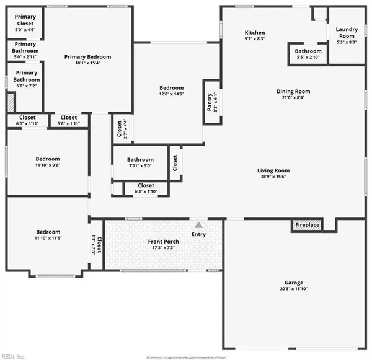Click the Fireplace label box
tap(307, 225)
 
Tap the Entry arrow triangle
tap(198, 224)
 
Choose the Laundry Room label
tap(347, 33)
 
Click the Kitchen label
tap(255, 33)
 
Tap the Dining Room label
tap(293, 92)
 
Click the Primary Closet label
tap(25, 20)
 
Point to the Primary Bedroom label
tap(87, 56)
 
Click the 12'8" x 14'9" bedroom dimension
tap(171, 95)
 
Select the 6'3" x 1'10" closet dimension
tap(146, 191)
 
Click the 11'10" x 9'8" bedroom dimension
tap(47, 166)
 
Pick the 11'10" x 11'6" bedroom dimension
tap(47, 238)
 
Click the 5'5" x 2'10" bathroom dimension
tap(308, 58)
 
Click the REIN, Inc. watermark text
tap(14, 356)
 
